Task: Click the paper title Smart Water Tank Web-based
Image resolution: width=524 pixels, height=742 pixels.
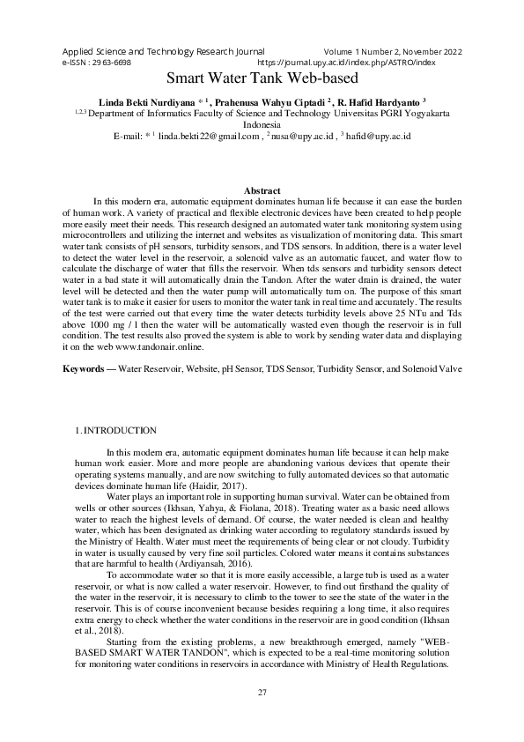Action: [x=262, y=78]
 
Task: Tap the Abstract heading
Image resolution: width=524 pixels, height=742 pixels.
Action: [x=262, y=190]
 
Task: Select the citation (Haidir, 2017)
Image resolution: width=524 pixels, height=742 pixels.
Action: [x=207, y=486]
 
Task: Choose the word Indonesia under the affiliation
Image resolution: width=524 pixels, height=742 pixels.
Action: [x=262, y=124]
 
